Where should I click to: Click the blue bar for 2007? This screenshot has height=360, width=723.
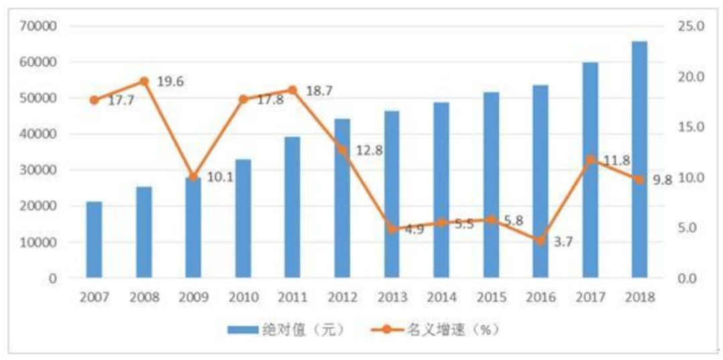coord(94,239)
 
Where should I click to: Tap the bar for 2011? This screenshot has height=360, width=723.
coord(293,207)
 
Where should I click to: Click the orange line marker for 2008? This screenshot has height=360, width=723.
coord(144,82)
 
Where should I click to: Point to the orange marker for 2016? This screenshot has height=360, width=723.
coord(540,241)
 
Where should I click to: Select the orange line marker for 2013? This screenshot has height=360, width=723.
coord(392,229)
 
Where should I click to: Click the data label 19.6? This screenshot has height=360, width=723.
coord(171,82)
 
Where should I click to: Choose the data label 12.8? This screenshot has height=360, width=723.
coord(369,151)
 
